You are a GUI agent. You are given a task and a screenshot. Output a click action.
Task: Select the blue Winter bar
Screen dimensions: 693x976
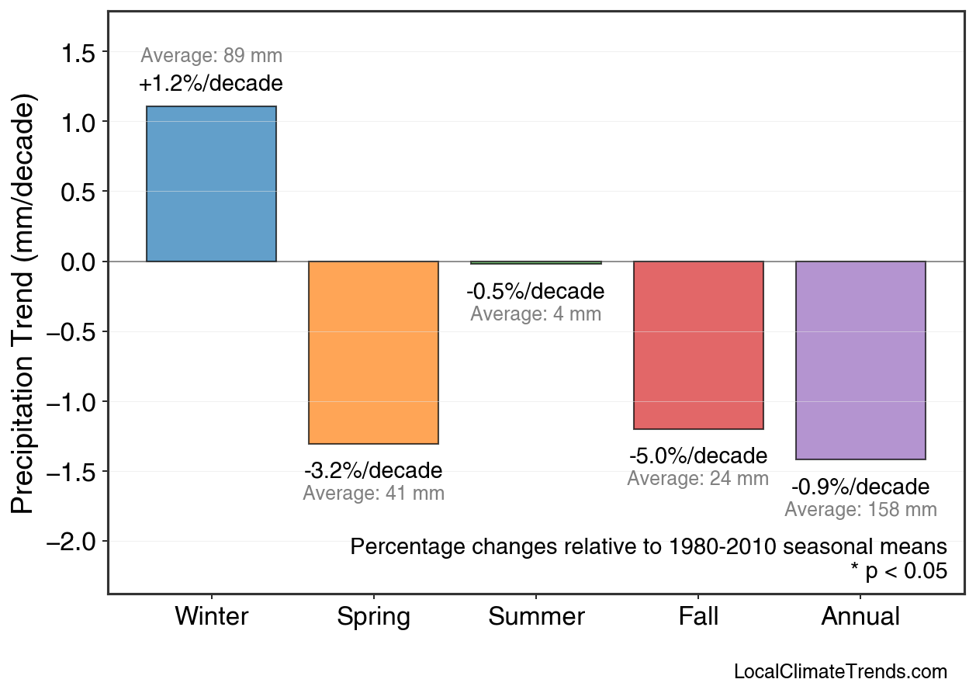point(211,184)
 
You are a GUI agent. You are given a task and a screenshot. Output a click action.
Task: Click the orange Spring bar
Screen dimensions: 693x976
point(373,352)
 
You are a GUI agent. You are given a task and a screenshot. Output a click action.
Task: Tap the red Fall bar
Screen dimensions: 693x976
point(698,345)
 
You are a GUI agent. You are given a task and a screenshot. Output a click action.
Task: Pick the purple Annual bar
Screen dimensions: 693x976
point(860,360)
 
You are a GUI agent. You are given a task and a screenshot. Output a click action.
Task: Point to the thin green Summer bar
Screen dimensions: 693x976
point(536,263)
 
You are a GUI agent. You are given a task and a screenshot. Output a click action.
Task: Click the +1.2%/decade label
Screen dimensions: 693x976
point(211,83)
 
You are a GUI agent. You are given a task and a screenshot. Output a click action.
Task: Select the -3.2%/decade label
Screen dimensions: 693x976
point(373,471)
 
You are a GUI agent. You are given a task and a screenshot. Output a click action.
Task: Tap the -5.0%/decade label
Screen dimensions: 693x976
point(698,456)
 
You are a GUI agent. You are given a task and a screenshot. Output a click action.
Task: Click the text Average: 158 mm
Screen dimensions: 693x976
point(860,510)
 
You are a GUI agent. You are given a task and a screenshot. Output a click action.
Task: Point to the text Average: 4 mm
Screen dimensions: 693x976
point(536,314)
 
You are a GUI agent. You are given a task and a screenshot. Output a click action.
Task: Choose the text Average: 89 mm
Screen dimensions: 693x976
point(211,56)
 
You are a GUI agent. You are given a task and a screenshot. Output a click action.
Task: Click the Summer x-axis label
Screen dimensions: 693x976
point(536,617)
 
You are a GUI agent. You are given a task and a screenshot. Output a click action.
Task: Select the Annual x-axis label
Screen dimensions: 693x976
point(860,617)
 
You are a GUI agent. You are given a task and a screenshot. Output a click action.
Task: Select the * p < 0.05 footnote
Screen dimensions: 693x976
point(898,571)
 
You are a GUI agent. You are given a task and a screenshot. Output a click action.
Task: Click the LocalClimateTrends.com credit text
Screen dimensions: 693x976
point(840,672)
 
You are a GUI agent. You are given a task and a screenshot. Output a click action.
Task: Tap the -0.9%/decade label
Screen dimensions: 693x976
point(860,487)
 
